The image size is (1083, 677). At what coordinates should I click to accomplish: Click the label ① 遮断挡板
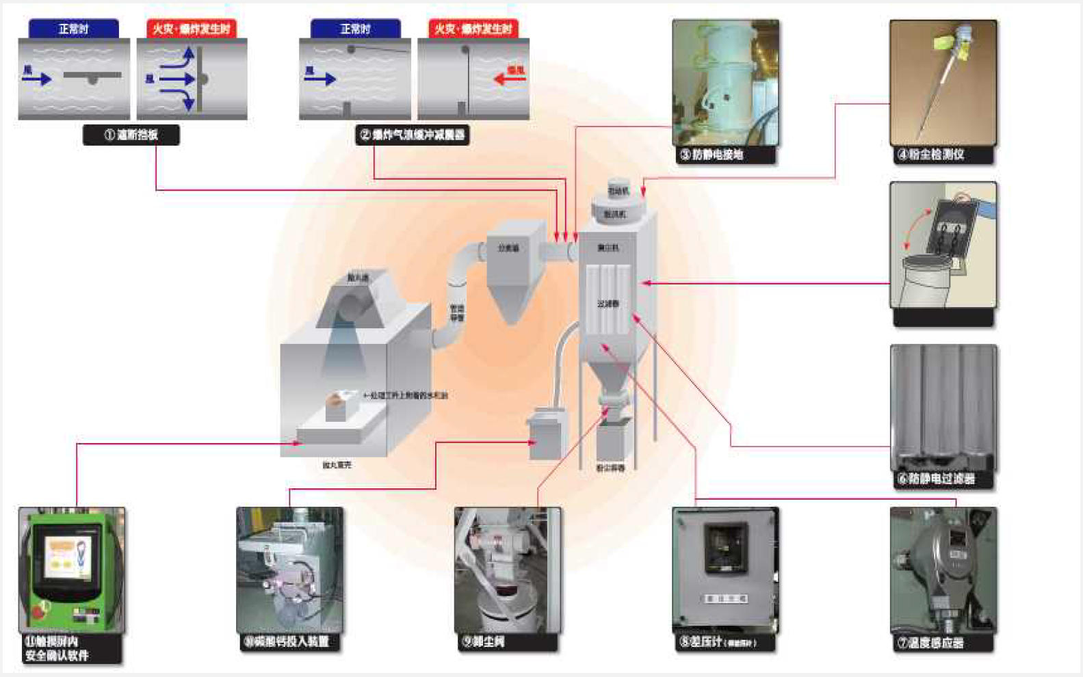[131, 135]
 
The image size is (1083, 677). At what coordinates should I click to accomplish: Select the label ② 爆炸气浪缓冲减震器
[412, 135]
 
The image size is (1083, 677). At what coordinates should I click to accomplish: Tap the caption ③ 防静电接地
[724, 155]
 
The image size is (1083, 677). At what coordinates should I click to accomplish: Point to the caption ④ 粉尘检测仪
[941, 155]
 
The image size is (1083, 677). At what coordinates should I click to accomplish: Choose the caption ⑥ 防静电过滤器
[941, 479]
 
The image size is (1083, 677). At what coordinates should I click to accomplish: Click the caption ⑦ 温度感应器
[941, 643]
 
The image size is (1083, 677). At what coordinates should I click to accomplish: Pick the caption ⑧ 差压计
[724, 643]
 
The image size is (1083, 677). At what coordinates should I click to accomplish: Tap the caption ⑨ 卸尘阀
[506, 642]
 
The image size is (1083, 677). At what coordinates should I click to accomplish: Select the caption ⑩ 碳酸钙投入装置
[289, 642]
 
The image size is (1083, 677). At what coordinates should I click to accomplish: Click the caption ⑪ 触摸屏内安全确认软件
[68, 649]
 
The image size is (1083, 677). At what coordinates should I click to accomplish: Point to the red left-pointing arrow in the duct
[509, 79]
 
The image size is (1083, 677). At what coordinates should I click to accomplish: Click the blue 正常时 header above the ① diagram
[74, 29]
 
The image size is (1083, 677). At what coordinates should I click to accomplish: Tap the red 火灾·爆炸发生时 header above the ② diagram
[473, 29]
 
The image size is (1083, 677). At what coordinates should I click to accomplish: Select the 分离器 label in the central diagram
[508, 248]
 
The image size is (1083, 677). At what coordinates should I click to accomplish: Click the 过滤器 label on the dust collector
[608, 303]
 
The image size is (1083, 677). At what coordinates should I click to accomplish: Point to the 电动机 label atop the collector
[617, 191]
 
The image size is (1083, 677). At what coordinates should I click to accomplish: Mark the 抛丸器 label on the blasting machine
[357, 278]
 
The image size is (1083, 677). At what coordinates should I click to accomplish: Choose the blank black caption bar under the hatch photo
[943, 317]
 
